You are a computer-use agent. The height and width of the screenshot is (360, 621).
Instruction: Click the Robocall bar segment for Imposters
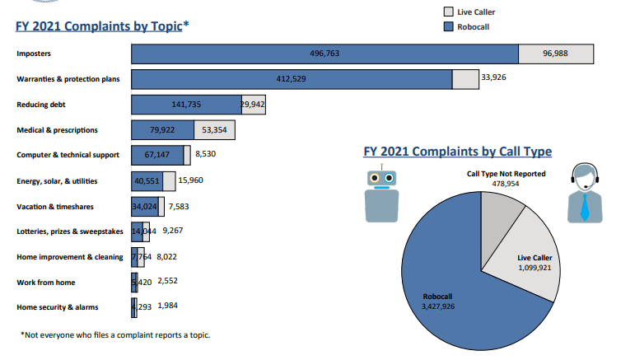(x=325, y=54)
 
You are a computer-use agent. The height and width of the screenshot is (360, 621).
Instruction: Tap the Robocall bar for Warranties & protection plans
(x=292, y=79)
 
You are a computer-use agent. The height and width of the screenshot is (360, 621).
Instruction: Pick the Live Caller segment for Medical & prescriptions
(x=215, y=130)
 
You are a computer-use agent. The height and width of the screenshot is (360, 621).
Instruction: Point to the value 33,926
(x=493, y=77)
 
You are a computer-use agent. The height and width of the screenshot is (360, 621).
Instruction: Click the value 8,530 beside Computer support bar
(x=207, y=154)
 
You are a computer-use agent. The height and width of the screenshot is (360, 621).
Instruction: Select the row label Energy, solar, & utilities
(x=60, y=181)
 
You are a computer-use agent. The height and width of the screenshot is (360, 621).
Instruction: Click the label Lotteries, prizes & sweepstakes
(x=69, y=231)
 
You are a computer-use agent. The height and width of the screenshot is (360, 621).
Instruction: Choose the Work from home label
(x=46, y=283)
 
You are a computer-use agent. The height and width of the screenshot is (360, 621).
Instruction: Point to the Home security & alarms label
(x=58, y=307)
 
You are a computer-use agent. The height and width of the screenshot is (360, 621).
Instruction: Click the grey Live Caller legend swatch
(x=449, y=12)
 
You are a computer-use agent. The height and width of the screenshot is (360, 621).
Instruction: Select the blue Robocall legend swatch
(x=449, y=27)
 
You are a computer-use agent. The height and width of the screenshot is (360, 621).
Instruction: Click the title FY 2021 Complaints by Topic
(x=99, y=26)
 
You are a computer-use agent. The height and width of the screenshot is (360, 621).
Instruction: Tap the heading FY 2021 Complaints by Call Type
(x=457, y=152)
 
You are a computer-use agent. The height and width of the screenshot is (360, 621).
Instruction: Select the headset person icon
(x=586, y=194)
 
